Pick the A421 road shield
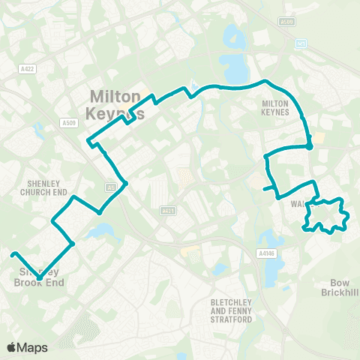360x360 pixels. coord(167,211)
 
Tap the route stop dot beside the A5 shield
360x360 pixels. coord(125,183)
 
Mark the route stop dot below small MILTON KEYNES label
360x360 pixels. coord(309,147)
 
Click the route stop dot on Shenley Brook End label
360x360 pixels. coord(40,278)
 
